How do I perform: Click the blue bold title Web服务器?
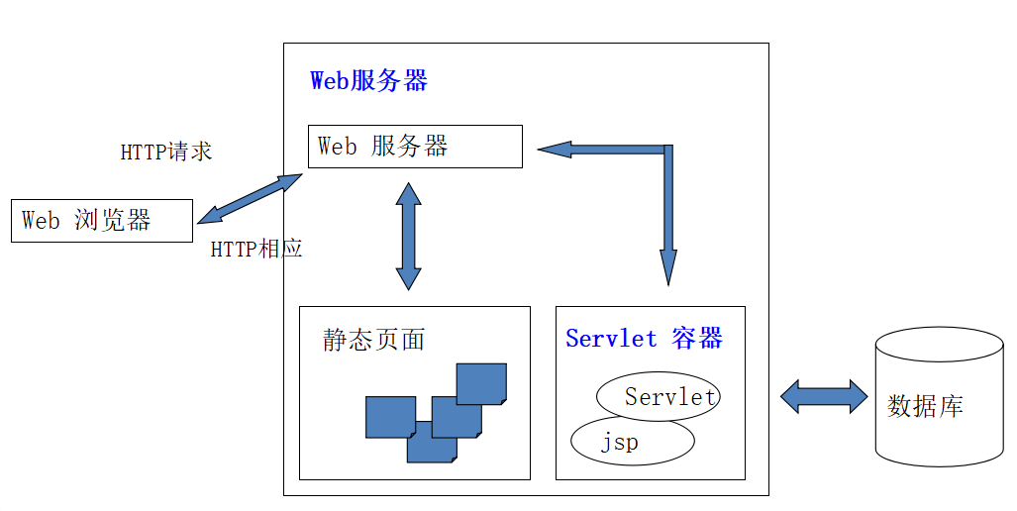click(368, 80)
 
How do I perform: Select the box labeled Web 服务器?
click(415, 147)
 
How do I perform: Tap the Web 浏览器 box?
click(102, 221)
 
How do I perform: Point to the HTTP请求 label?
click(166, 152)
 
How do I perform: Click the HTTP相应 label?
click(256, 249)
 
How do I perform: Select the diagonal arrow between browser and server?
click(250, 198)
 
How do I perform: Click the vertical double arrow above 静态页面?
click(409, 236)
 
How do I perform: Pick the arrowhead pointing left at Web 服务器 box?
click(555, 150)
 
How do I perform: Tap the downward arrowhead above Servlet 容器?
click(668, 267)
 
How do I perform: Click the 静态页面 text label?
click(373, 340)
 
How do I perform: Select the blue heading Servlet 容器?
click(644, 338)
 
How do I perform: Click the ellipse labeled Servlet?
click(659, 396)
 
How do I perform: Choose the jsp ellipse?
click(633, 441)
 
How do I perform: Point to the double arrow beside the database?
click(824, 396)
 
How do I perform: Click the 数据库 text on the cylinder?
click(925, 406)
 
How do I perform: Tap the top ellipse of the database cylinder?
click(939, 345)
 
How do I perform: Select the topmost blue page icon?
click(481, 384)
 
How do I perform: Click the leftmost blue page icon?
click(390, 417)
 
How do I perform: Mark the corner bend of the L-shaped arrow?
click(668, 150)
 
